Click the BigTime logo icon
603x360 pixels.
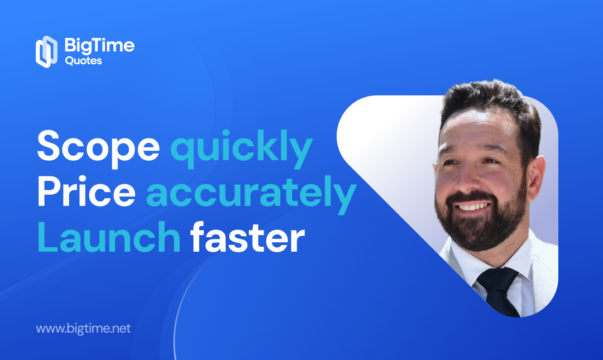pos(46,51)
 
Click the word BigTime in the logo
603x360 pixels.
pos(99,46)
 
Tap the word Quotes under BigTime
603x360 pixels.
pos(83,61)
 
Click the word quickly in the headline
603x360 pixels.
pos(241,148)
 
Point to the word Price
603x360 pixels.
pos(87,191)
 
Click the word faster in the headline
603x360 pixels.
pos(248,237)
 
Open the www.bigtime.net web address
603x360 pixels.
pos(83,328)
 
